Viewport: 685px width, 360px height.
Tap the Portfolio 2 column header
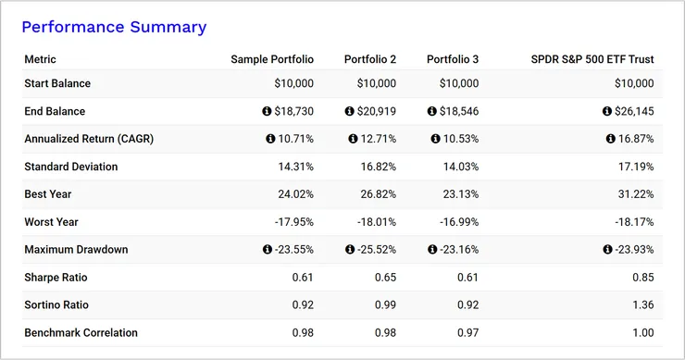[370, 59]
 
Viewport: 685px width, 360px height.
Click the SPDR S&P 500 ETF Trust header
[593, 59]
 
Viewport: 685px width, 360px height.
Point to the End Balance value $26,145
[634, 111]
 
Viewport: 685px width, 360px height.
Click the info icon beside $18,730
[268, 111]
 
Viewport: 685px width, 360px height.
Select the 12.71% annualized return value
[379, 139]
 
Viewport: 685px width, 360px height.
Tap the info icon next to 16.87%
[610, 139]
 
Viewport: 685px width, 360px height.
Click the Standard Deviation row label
[71, 167]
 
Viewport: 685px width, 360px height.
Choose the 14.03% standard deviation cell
[460, 167]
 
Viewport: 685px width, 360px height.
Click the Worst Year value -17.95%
[293, 222]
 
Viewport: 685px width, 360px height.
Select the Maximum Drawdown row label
[76, 250]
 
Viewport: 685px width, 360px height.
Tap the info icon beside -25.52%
[349, 250]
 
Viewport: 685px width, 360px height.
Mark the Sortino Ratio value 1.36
[642, 305]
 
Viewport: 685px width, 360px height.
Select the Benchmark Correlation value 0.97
[467, 332]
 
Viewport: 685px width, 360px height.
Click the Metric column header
[41, 59]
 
